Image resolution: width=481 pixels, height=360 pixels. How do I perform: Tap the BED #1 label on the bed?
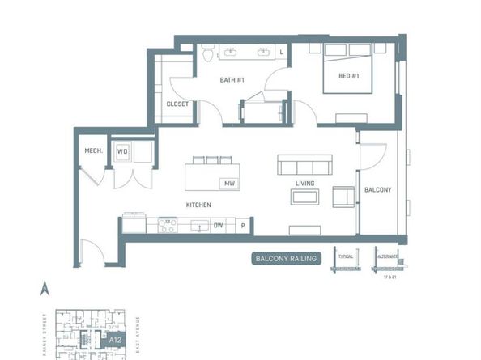click(x=338, y=76)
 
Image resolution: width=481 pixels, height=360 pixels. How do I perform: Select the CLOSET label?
click(x=177, y=104)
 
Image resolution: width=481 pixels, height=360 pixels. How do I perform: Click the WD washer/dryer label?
click(x=122, y=150)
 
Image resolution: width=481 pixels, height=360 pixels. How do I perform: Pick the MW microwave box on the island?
click(x=229, y=184)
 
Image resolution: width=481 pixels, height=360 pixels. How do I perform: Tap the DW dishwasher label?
click(x=218, y=227)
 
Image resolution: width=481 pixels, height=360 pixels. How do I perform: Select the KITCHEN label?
click(x=198, y=205)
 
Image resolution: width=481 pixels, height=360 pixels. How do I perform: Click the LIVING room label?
click(x=304, y=184)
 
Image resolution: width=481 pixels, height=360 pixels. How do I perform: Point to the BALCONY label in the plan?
click(x=377, y=190)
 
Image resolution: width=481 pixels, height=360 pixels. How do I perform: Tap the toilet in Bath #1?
click(x=208, y=54)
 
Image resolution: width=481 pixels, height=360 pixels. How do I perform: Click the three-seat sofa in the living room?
click(x=304, y=165)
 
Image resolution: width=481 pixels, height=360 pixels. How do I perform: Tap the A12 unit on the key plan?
click(x=103, y=341)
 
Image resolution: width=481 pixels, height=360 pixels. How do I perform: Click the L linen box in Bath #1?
click(x=281, y=53)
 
